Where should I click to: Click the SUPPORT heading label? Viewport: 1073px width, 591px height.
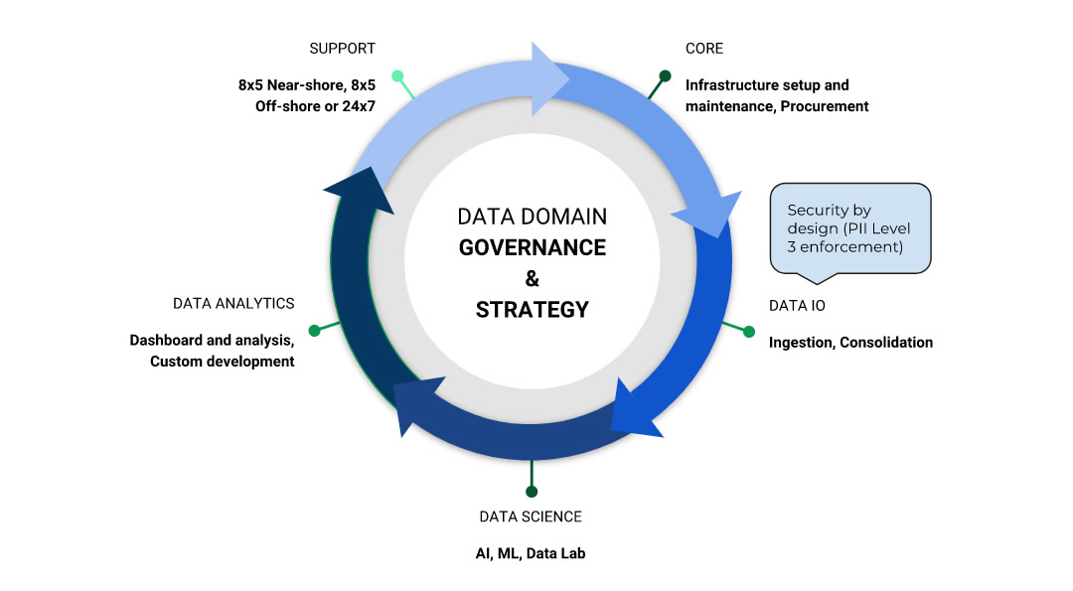[342, 49]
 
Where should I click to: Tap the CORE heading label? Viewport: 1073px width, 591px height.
[704, 49]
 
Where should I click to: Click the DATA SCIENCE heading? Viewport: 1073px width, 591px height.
[531, 517]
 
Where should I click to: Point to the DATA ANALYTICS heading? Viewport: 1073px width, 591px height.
[233, 303]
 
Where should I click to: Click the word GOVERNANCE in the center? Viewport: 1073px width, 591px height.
[532, 247]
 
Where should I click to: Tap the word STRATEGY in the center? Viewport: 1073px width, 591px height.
[532, 309]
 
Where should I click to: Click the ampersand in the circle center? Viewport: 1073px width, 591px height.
[532, 278]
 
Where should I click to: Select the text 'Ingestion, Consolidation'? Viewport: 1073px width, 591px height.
[850, 343]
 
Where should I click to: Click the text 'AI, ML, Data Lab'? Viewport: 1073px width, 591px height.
[531, 553]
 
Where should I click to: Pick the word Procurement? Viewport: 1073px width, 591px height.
[825, 106]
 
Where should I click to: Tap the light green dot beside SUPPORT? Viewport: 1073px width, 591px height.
[397, 75]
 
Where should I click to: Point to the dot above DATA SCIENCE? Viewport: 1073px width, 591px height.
[532, 491]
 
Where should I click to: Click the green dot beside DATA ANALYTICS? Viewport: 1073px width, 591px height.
[314, 330]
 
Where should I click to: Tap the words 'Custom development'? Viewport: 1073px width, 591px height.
[223, 362]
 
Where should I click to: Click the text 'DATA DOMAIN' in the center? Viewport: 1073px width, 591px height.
[532, 217]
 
